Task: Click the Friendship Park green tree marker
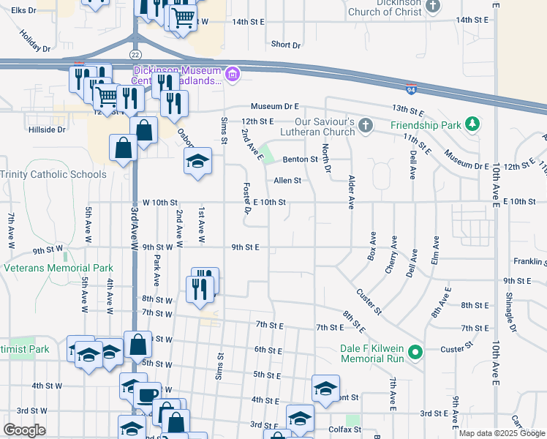click(x=473, y=124)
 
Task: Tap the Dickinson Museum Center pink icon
click(x=233, y=73)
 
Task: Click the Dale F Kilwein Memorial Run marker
click(x=415, y=353)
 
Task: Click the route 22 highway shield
click(x=135, y=55)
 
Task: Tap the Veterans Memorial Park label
click(x=59, y=269)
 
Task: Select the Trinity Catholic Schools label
click(x=53, y=174)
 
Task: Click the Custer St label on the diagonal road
click(x=369, y=301)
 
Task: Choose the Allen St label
click(x=287, y=180)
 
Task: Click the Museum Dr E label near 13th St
click(x=276, y=107)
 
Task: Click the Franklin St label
click(x=529, y=260)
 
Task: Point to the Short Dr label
click(x=286, y=45)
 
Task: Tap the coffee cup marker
click(x=148, y=395)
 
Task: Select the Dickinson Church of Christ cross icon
click(x=433, y=7)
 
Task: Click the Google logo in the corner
click(x=25, y=430)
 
